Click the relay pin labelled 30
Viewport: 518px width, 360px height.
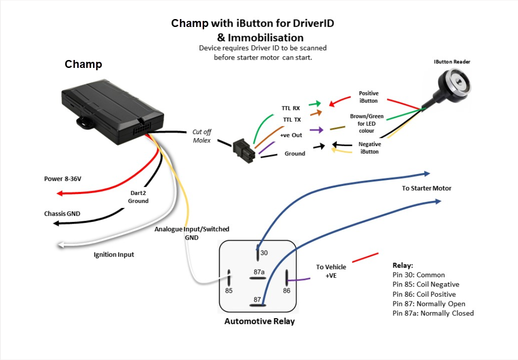tap(258, 254)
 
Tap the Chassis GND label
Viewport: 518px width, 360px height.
tap(62, 214)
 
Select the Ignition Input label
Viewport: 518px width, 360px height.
tap(113, 254)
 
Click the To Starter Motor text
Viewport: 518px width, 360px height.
tap(426, 188)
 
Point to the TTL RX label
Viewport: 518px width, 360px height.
tap(291, 108)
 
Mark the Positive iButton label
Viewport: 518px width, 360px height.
tap(368, 97)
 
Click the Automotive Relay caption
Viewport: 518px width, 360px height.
tap(259, 321)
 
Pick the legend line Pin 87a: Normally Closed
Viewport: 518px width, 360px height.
tap(433, 313)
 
